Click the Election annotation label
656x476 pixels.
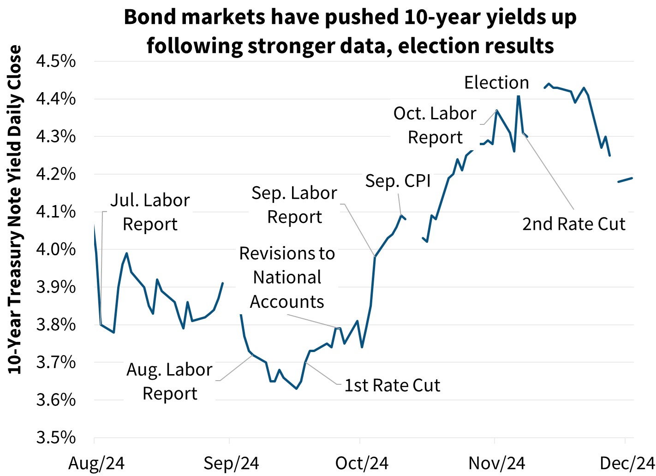[496, 82]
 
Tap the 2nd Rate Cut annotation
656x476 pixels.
[573, 224]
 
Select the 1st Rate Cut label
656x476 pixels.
[392, 385]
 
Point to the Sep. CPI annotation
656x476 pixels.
[398, 181]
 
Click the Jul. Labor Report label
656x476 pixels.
[150, 212]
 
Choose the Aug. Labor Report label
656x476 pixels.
[169, 381]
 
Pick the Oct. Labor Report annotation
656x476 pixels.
[435, 125]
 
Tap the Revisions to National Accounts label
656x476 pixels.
[287, 277]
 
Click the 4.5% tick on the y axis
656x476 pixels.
[56, 61]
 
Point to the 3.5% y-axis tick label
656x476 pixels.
[56, 437]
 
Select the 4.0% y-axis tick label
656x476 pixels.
[56, 249]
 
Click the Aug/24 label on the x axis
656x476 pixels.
[96, 463]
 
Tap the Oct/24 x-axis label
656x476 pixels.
[362, 463]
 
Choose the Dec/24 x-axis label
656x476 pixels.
[627, 463]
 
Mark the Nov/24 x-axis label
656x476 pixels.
[497, 463]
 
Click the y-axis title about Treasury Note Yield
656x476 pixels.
[15, 210]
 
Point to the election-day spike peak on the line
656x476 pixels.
[519, 95]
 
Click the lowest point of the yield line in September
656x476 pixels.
[296, 388]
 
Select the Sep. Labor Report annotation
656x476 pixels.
[294, 205]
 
